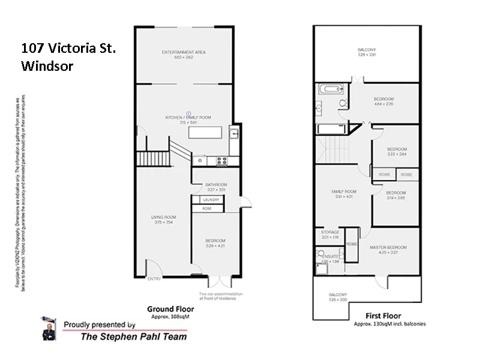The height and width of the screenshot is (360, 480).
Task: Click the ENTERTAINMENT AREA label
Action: (184, 53)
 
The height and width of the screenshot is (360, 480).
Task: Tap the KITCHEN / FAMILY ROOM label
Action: (188, 117)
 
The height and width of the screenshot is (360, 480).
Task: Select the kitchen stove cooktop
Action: (221, 160)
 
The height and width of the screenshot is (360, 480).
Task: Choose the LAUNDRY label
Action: (209, 199)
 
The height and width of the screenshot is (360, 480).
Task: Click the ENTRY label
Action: (154, 278)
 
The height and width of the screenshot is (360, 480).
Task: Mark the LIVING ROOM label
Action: (163, 217)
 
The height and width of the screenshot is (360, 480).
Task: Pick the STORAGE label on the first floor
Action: (330, 232)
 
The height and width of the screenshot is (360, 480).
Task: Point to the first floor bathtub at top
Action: (329, 90)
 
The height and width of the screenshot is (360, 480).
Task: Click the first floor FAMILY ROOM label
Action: (344, 192)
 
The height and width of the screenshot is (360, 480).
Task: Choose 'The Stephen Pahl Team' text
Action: (133, 337)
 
